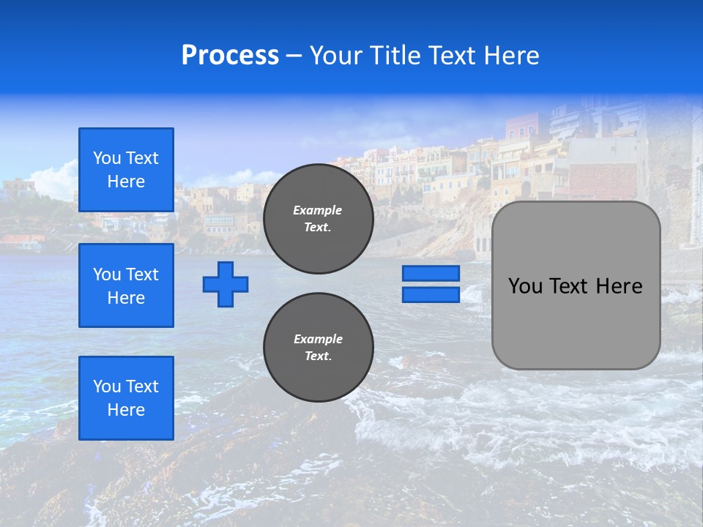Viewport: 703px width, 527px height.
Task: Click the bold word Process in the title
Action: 230,56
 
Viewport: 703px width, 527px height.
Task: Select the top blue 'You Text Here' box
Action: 126,170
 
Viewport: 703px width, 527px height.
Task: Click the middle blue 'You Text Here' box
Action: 126,285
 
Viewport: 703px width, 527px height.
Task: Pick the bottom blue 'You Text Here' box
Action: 126,398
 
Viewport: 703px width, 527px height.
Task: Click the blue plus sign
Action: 226,284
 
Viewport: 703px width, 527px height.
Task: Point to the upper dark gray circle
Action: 318,219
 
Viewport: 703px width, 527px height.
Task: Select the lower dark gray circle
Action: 318,348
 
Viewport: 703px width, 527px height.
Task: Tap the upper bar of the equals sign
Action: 431,274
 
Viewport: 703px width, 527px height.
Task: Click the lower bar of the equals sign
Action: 431,295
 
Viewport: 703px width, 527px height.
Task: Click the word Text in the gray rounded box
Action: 569,286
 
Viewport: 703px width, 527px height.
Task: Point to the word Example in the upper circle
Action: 318,210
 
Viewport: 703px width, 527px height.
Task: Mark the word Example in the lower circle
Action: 318,339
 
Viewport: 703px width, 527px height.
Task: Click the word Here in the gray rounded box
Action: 619,286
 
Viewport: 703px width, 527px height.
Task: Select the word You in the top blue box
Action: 107,158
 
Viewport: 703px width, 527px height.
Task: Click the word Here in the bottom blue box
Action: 126,410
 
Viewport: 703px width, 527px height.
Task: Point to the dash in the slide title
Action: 294,56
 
